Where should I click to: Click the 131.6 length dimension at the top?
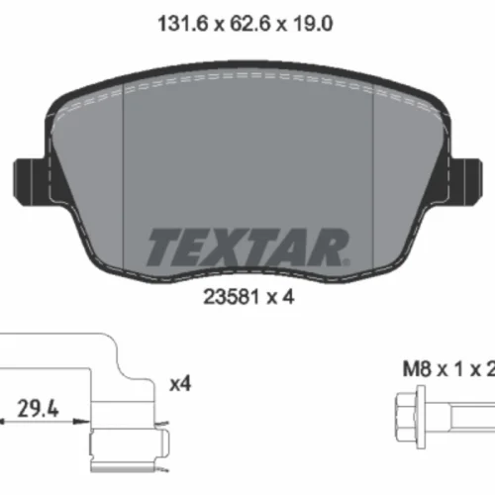183,24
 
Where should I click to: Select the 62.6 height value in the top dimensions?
250,24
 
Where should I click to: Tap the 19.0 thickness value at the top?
312,24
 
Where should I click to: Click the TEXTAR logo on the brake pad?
248,247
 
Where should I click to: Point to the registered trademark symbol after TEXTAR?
346,262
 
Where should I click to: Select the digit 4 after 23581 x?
288,297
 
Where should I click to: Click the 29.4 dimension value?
38,409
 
